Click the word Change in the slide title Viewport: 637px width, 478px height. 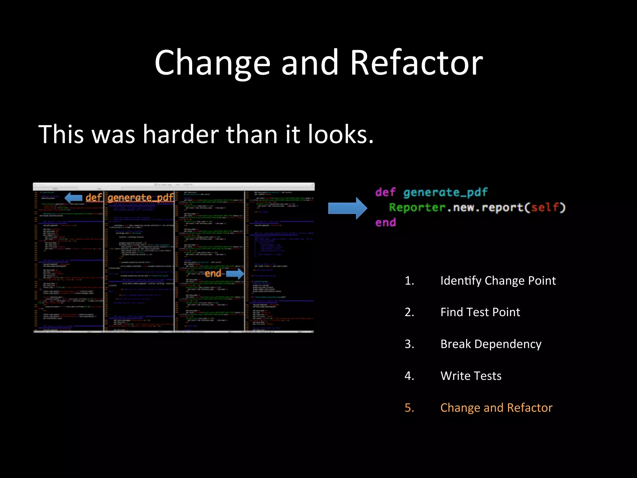pyautogui.click(x=212, y=63)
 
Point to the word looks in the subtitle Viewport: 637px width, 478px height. pyautogui.click(x=340, y=134)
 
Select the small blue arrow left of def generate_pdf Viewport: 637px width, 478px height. pyautogui.click(x=73, y=198)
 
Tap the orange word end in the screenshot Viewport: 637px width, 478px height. pyautogui.click(x=213, y=274)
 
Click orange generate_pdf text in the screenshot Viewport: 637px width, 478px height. pyautogui.click(x=141, y=198)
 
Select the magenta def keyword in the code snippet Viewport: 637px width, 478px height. pyautogui.click(x=385, y=192)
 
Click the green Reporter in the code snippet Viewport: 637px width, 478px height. pyautogui.click(x=417, y=207)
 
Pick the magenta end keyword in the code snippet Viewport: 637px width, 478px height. pyautogui.click(x=385, y=223)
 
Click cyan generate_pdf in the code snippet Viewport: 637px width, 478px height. pyautogui.click(x=445, y=192)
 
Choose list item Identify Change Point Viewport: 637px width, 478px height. pyautogui.click(x=498, y=281)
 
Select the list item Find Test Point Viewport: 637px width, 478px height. pyautogui.click(x=480, y=312)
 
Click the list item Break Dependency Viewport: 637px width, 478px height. pyautogui.click(x=491, y=344)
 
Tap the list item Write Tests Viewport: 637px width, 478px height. pyautogui.click(x=471, y=376)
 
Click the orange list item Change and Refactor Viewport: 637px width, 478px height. pyautogui.click(x=496, y=408)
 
